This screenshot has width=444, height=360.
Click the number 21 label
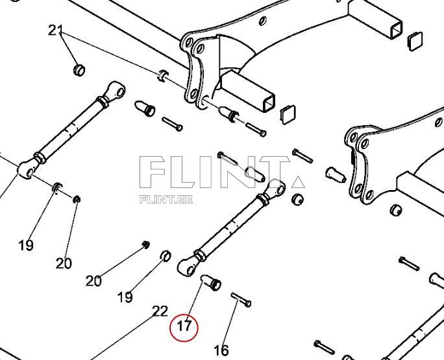point(56,30)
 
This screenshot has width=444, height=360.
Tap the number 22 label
point(160,312)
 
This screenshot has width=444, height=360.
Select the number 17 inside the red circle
point(184,326)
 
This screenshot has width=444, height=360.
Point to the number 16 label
point(221,350)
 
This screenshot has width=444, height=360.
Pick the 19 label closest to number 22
point(125,297)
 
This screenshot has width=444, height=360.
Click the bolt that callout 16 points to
point(241,300)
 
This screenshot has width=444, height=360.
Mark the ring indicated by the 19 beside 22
point(166,254)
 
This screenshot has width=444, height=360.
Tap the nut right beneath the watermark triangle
point(298,198)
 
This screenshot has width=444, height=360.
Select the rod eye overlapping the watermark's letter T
point(277,188)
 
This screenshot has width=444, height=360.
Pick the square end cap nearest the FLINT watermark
point(288,114)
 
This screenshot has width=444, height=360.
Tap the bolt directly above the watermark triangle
point(303,156)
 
